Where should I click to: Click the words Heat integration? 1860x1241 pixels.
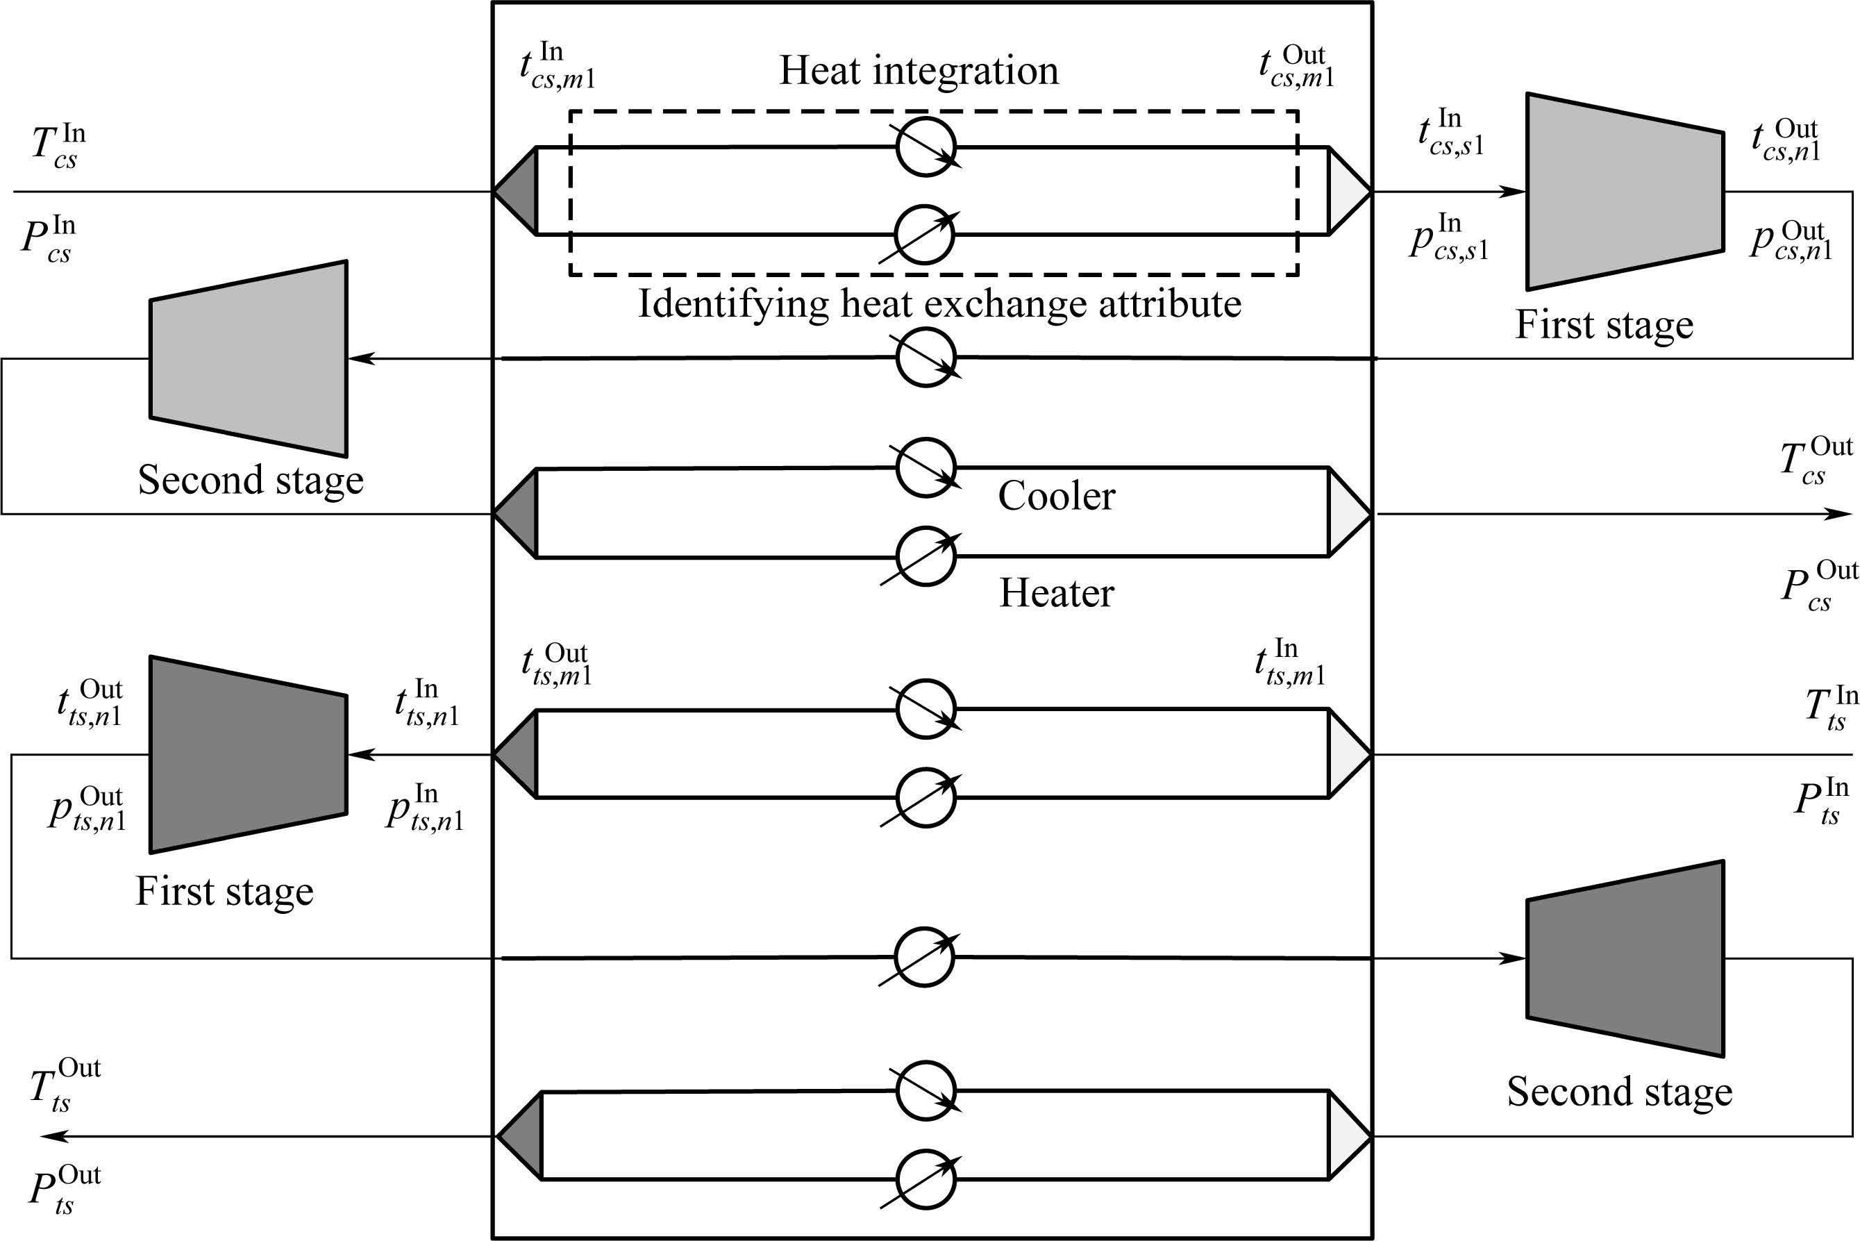coord(919,70)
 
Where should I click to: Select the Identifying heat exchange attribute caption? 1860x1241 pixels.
coord(939,304)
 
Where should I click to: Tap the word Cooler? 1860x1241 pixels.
coord(1056,497)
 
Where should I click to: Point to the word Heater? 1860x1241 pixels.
coord(1056,593)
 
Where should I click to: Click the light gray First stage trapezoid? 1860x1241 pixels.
coord(1624,192)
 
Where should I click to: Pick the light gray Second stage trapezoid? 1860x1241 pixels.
coord(249,358)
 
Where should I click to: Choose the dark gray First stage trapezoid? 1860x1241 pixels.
coord(249,754)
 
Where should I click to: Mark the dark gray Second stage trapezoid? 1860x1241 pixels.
coord(1624,958)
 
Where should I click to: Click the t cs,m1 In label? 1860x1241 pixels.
coord(557,67)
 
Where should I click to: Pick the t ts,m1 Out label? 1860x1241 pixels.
coord(556,665)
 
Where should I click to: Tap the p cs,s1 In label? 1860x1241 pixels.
coord(1448,238)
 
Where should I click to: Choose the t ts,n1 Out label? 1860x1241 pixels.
coord(90,703)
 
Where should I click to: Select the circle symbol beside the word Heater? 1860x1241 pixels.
coord(925,556)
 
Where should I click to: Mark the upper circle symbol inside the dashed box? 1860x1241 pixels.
coord(925,147)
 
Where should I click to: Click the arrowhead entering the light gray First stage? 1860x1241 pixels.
coord(1514,192)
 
